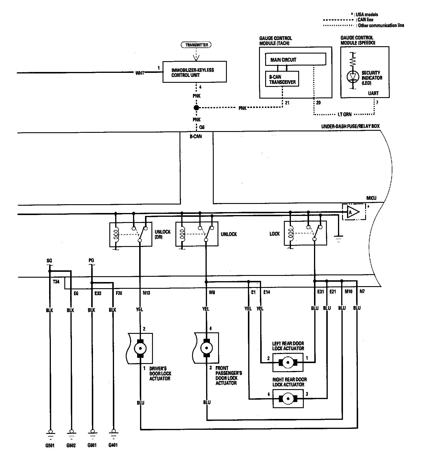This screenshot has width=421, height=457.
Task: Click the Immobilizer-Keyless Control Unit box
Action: click(194, 72)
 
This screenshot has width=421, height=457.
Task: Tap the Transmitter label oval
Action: click(196, 45)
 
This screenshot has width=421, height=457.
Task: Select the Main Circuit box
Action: click(295, 59)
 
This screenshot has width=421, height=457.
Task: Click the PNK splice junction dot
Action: click(196, 108)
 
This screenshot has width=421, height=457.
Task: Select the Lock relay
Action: click(305, 233)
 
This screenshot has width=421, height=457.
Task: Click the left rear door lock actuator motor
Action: click(288, 362)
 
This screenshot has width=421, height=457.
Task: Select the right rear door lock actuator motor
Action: click(288, 398)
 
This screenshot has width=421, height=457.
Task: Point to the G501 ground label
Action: click(50, 446)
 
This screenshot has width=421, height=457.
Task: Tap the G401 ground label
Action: click(113, 445)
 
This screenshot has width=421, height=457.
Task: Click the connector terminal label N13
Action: click(146, 293)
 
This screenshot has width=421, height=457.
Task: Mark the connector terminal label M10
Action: click(348, 291)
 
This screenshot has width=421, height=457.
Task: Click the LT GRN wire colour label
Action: click(345, 114)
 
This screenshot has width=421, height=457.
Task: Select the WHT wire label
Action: click(140, 73)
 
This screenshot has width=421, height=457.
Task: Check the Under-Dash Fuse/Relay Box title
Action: click(350, 126)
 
